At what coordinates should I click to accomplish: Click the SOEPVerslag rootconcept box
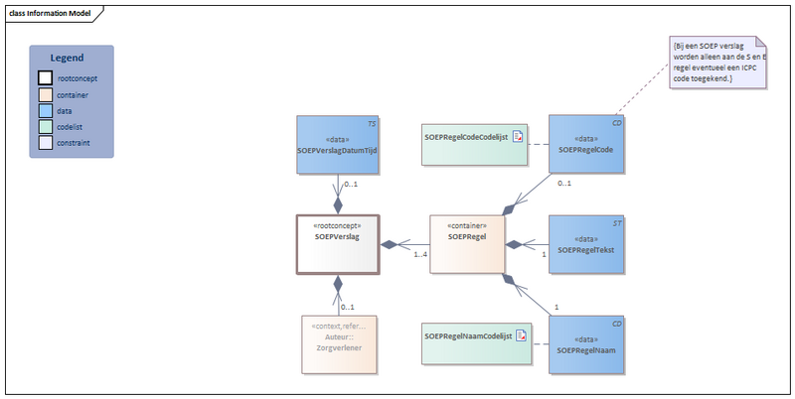click(x=337, y=243)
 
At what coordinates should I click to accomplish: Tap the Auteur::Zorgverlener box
click(x=337, y=343)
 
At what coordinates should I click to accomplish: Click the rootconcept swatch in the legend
click(x=46, y=77)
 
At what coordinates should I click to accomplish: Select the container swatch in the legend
click(x=46, y=94)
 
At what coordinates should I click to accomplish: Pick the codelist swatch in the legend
click(x=46, y=126)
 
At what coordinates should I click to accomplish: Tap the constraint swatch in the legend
click(x=46, y=143)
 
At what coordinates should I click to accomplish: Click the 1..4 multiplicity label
click(x=420, y=256)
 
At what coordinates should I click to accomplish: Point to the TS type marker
click(x=372, y=124)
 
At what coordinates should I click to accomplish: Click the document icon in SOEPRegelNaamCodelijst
click(x=520, y=337)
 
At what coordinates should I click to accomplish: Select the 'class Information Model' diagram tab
click(x=50, y=13)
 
